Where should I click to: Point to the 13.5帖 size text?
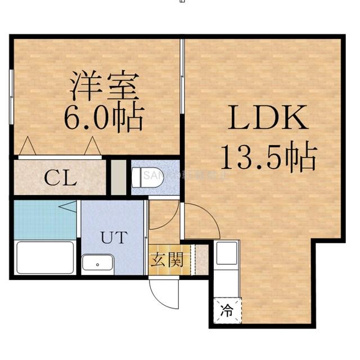coord(267,157)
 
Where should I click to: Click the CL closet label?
coord(60,179)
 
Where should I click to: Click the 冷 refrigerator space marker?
coord(226,310)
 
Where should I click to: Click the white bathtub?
coord(46,258)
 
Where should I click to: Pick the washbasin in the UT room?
coord(98,263)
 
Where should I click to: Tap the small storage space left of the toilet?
coord(118,178)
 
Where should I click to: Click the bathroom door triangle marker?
coord(68,206)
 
